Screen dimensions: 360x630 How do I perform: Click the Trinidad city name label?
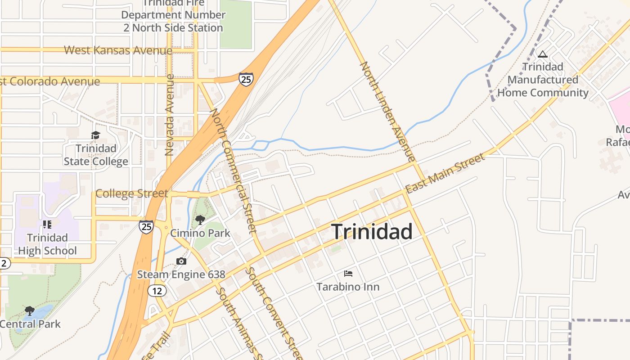(372, 232)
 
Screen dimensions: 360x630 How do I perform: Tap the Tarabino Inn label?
(348, 287)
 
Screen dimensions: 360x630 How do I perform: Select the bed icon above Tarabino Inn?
(348, 273)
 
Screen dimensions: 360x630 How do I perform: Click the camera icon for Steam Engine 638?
(181, 261)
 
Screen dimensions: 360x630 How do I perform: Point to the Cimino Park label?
(200, 233)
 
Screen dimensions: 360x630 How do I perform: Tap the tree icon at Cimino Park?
(200, 220)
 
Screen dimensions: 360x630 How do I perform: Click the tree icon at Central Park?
(30, 310)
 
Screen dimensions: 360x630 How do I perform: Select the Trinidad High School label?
(47, 244)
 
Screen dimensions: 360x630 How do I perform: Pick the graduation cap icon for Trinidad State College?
(95, 135)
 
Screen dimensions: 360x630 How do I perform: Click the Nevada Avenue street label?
(169, 115)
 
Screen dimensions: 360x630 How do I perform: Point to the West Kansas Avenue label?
(118, 50)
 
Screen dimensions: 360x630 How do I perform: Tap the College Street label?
(131, 193)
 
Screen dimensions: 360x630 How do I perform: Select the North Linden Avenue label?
(387, 112)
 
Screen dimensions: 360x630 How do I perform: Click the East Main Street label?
(445, 173)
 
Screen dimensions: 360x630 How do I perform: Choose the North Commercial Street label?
(233, 171)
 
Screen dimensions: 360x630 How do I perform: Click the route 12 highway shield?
(157, 291)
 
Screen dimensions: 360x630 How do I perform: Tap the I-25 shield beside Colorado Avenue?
(246, 80)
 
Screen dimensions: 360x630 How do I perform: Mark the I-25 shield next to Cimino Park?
(146, 226)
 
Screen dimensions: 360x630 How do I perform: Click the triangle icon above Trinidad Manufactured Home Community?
(543, 54)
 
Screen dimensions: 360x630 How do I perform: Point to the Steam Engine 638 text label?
(181, 274)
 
